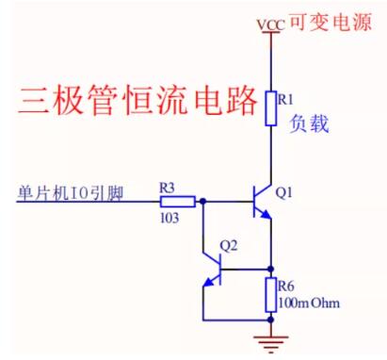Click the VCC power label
(270, 22)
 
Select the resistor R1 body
(271, 108)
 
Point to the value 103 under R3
(169, 217)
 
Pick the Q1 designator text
(287, 192)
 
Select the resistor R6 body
(271, 289)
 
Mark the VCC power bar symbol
(271, 32)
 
